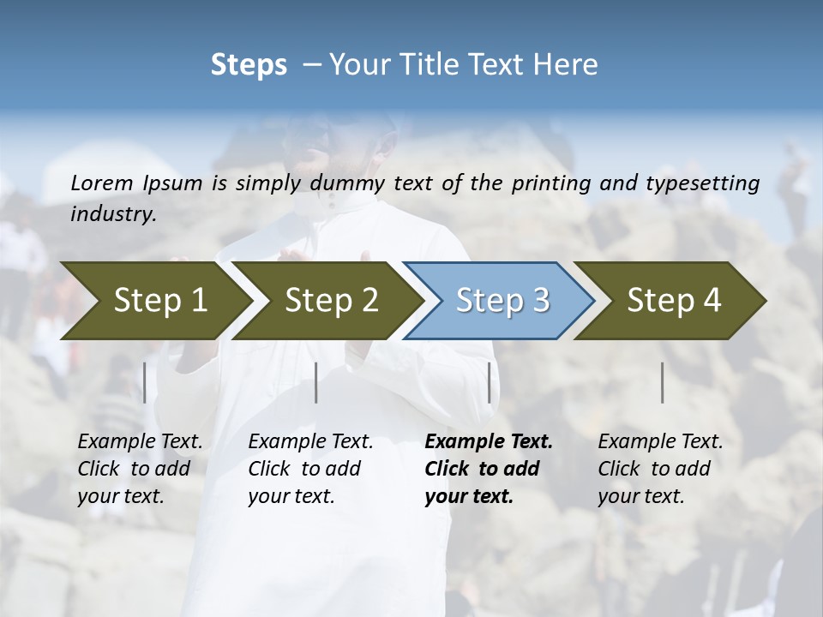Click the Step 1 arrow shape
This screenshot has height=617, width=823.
click(154, 301)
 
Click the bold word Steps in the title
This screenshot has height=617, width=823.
click(249, 64)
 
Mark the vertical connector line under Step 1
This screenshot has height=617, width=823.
click(144, 382)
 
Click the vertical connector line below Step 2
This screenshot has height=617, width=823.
click(316, 382)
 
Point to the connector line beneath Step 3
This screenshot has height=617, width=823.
click(489, 382)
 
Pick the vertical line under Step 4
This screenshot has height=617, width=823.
click(662, 382)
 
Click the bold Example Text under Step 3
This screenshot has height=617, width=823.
click(489, 442)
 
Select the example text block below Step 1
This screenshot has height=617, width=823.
click(140, 469)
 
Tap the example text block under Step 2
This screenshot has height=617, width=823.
click(310, 469)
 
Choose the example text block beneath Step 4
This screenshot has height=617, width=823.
click(660, 469)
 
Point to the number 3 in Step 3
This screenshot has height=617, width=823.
click(540, 301)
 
